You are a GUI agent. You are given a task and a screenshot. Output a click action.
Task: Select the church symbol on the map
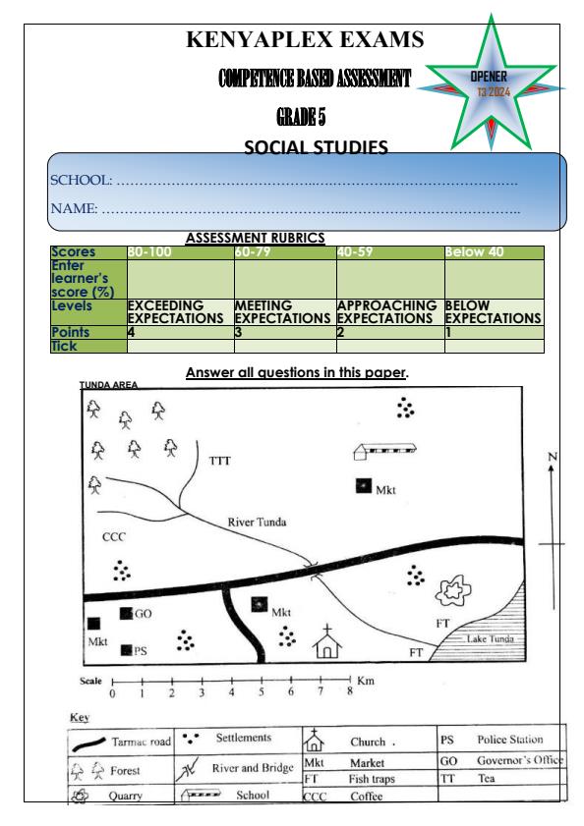click(x=326, y=642)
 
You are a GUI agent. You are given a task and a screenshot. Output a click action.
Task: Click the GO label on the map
click(x=143, y=614)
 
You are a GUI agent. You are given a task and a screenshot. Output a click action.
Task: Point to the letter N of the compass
click(x=553, y=457)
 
